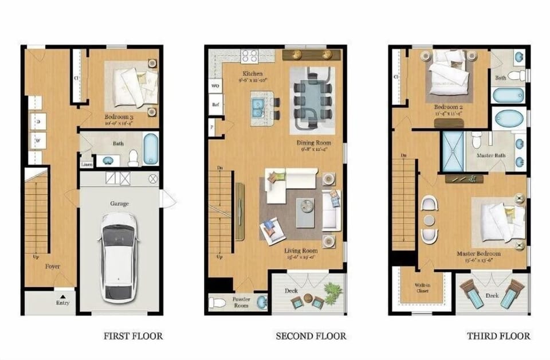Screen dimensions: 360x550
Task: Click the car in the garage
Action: (x=119, y=258)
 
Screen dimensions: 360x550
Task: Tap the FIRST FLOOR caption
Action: (x=133, y=336)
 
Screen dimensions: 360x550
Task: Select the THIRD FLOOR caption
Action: (x=498, y=336)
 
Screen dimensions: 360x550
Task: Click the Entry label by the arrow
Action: (x=64, y=302)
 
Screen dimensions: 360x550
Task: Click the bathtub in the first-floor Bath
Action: (x=150, y=148)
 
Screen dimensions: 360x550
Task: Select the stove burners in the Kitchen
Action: (x=249, y=56)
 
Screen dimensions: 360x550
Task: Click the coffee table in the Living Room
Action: (x=305, y=206)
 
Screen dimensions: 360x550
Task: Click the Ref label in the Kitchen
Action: (x=216, y=105)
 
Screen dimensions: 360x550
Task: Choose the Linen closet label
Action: (x=87, y=164)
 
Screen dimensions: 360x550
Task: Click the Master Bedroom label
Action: (x=478, y=253)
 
